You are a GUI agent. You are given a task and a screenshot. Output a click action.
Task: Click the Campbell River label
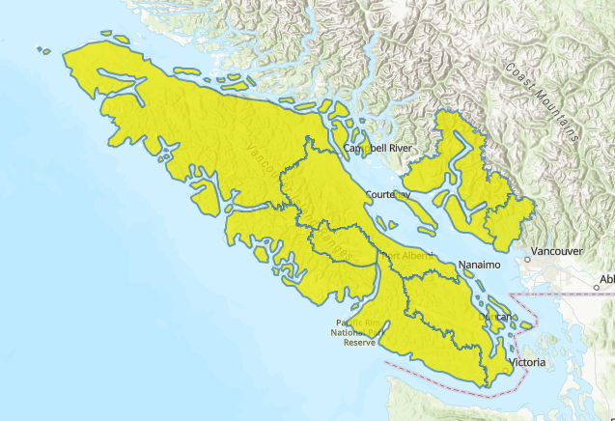[378, 148]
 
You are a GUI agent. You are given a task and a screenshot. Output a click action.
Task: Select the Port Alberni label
[409, 256]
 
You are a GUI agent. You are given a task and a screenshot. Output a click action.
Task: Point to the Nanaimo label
[480, 265]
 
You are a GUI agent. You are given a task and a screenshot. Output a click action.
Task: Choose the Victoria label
[527, 363]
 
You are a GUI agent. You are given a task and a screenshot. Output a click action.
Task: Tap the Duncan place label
[494, 316]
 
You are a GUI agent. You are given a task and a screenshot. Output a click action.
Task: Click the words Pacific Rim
[356, 323]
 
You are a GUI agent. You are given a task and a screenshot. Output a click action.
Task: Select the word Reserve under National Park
[358, 343]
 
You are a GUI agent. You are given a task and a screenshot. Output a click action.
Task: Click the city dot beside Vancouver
[529, 259]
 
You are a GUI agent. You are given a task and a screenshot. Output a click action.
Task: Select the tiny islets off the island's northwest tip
[43, 50]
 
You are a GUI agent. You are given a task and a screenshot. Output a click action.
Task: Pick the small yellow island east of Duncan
[526, 325]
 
